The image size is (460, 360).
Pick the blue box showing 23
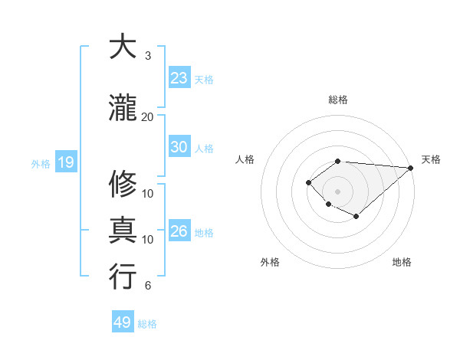tap(179, 78)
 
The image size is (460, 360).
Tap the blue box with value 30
tap(179, 147)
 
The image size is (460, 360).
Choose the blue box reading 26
tap(179, 231)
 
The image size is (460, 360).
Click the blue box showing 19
tap(65, 162)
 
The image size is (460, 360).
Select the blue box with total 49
tap(123, 322)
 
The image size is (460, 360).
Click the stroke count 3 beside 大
tap(148, 56)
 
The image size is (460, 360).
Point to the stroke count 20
tap(147, 116)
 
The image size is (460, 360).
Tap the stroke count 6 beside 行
tap(148, 286)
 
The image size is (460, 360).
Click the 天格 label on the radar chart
tap(431, 159)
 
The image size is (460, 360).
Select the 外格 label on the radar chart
tap(270, 262)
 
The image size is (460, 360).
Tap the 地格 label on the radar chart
tap(402, 262)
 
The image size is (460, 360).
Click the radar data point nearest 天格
tap(411, 168)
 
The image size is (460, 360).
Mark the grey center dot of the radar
tap(337, 191)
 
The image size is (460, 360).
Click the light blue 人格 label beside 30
tap(204, 148)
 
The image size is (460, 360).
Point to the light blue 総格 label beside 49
tap(147, 324)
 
